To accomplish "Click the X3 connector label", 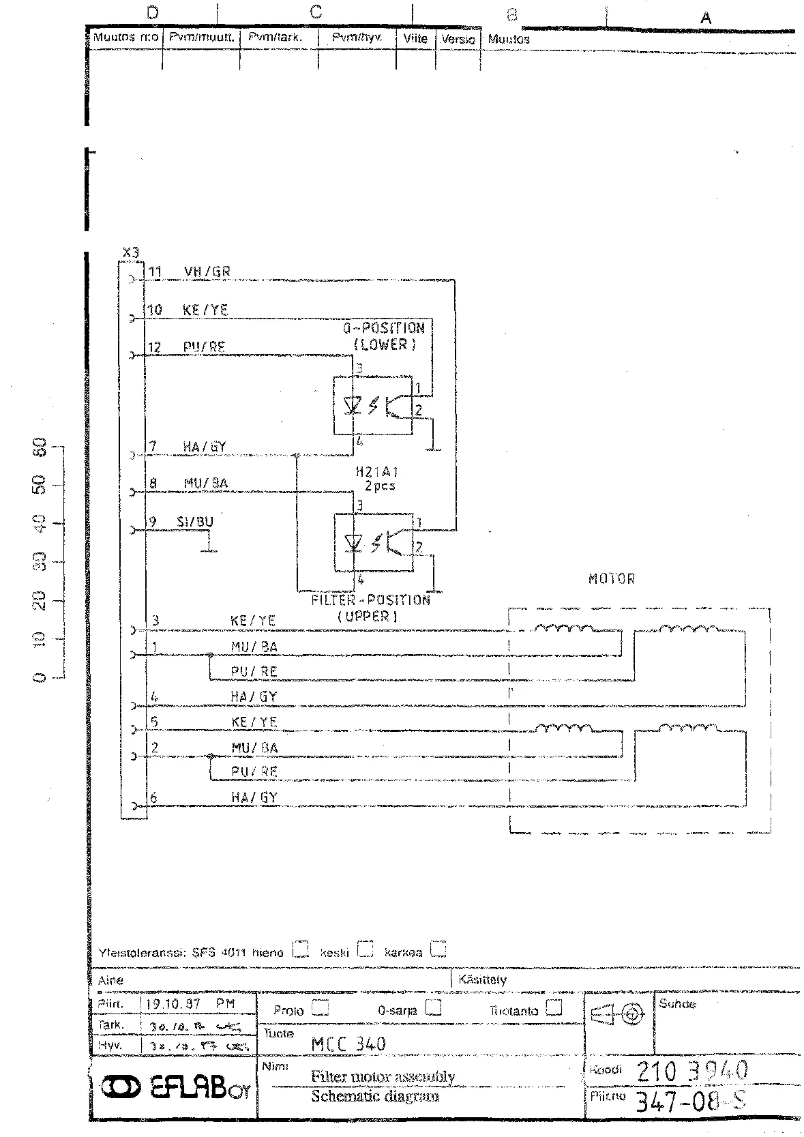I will coord(130,252).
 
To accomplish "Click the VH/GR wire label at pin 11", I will coord(207,271).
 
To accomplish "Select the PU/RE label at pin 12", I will coord(204,347).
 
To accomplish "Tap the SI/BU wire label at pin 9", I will coord(195,522).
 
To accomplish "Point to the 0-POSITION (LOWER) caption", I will coord(384,336).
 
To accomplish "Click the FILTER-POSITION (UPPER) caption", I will coord(370,608).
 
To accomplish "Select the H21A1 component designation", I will coord(377,471).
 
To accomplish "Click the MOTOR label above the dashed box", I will coord(612,579).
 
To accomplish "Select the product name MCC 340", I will coord(348,1044).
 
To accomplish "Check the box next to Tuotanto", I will coord(554,1008).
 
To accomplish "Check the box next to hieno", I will coord(300,949).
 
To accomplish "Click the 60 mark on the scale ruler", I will coord(40,447).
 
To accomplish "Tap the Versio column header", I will coord(458,39).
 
